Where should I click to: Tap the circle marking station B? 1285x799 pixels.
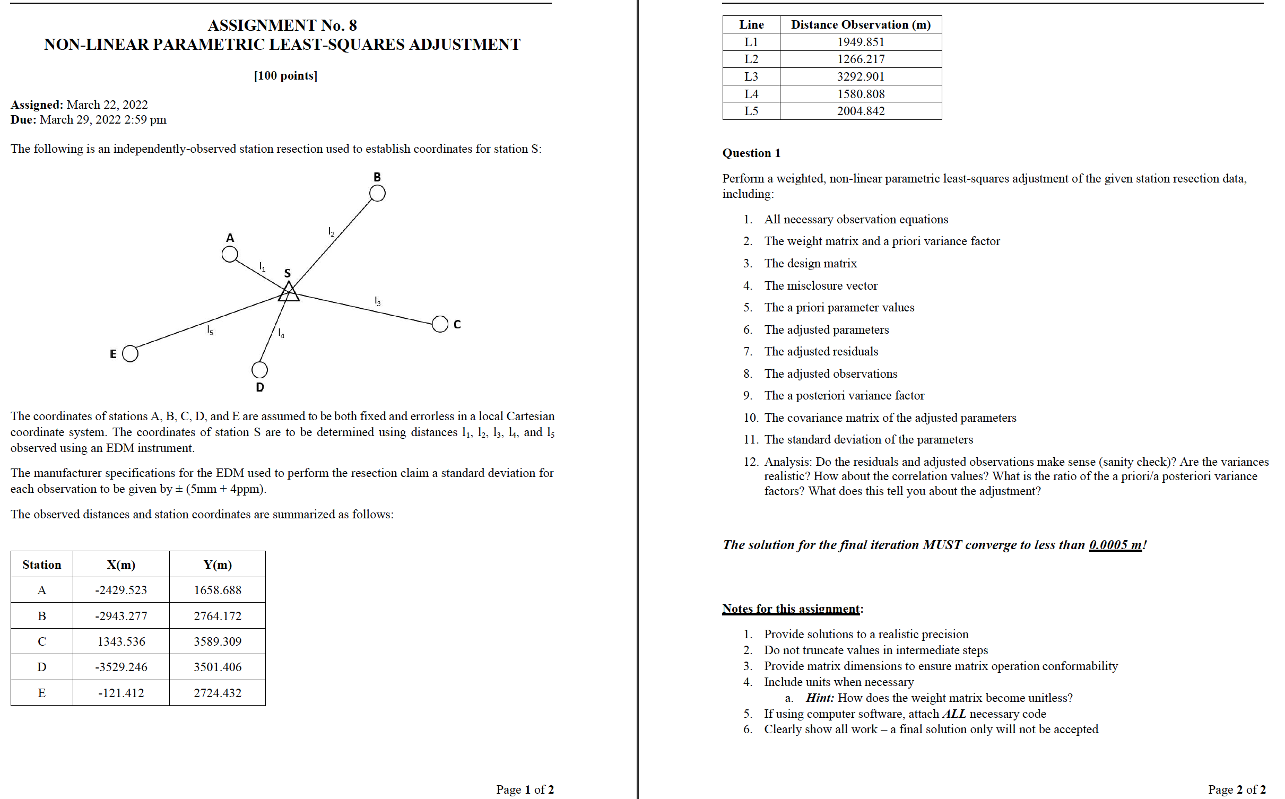[377, 193]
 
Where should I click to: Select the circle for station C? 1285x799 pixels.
[440, 324]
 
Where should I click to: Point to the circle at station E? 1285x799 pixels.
[130, 353]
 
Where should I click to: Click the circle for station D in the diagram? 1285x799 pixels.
[259, 369]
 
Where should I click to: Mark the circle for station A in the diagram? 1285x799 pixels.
[230, 254]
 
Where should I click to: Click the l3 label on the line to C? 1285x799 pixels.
[377, 301]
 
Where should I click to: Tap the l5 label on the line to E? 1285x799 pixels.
[210, 330]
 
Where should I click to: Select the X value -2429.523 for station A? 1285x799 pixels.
[121, 590]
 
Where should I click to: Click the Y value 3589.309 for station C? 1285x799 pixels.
[218, 641]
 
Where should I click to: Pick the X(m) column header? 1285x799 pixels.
[121, 564]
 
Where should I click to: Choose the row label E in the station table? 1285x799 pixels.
[42, 693]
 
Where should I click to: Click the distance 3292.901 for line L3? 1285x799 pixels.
[861, 76]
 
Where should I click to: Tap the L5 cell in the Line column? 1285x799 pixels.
[751, 111]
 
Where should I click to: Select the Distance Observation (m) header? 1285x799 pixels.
[861, 24]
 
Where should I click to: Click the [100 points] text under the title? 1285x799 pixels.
[285, 75]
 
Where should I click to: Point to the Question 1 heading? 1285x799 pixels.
[751, 153]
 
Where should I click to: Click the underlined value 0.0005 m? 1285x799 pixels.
[1115, 545]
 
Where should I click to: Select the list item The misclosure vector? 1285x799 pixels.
[821, 285]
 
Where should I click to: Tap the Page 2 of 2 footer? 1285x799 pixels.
[1237, 789]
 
